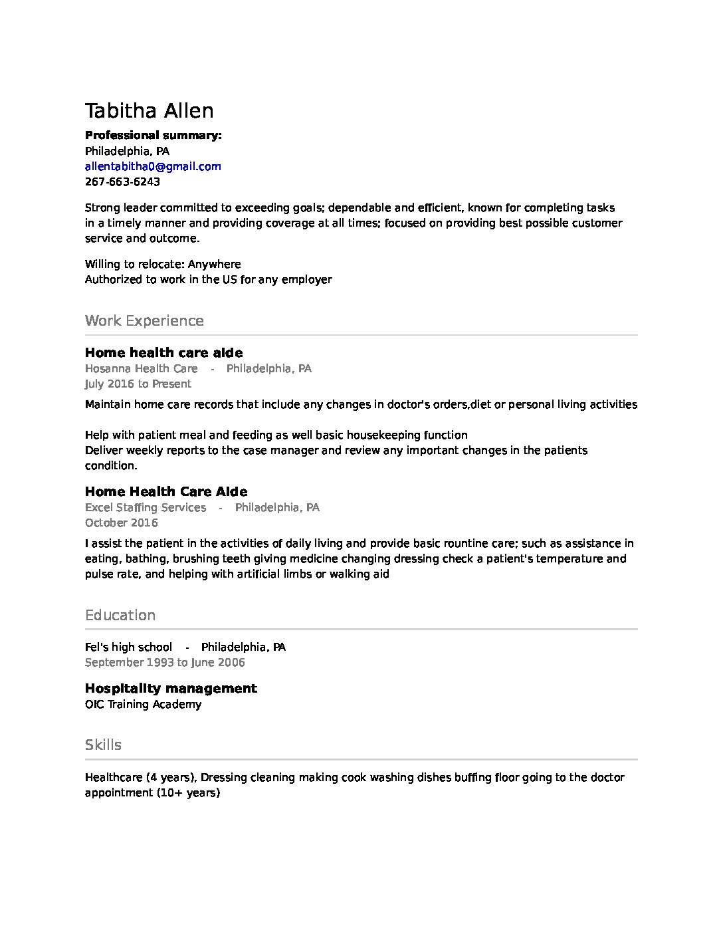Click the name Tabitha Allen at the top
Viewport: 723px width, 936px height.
149,111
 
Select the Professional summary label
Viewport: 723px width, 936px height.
153,136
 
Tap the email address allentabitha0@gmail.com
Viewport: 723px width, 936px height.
153,167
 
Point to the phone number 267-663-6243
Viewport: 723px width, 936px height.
122,182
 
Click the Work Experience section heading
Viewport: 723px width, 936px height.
144,321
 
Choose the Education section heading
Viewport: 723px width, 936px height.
120,616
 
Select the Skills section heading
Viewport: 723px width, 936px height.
103,745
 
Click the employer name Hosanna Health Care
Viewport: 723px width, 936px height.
141,369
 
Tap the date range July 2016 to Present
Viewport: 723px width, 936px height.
138,384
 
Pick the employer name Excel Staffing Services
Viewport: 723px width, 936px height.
146,508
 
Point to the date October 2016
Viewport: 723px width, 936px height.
121,523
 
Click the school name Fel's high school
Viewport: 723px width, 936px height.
128,647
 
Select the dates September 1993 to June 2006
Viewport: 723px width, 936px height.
165,663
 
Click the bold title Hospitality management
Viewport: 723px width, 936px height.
171,689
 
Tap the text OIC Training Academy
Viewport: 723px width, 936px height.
143,705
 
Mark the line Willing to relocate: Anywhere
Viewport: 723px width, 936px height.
163,265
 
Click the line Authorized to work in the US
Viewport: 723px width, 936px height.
208,280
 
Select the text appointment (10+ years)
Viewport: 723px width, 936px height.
152,793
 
